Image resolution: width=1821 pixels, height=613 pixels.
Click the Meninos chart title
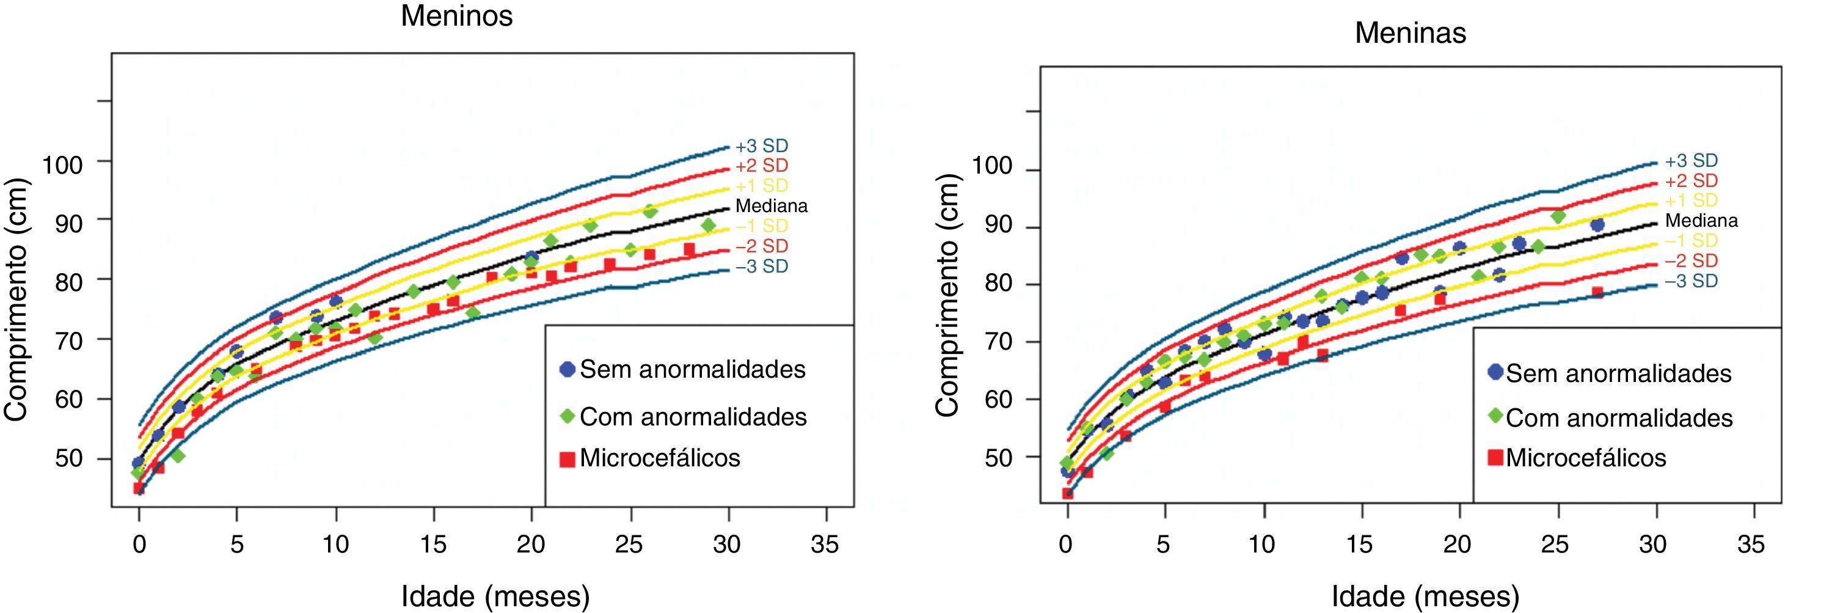pos(457,15)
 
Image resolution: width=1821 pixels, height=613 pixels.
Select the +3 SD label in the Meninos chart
pos(761,145)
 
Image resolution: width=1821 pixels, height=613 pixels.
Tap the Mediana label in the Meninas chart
pos(1701,221)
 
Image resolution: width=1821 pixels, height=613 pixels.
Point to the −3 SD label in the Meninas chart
pos(1690,281)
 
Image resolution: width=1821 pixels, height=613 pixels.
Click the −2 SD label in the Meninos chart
pos(761,246)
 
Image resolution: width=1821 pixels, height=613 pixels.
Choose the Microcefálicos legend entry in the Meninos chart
pos(660,458)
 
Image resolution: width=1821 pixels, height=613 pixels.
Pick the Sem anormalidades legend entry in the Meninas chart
pos(1618,373)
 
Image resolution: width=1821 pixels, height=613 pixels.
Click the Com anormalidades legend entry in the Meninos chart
pos(693,417)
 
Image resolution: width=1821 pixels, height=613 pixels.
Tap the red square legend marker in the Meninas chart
pos(1495,457)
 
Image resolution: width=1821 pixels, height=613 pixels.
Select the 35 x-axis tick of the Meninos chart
pos(824,545)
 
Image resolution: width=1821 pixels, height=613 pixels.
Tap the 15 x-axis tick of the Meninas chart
pos(1359,545)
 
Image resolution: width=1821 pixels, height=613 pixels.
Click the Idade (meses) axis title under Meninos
pos(495,596)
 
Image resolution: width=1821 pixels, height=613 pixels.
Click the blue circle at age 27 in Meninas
pos(1597,225)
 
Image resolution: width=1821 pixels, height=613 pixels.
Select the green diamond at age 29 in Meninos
pos(709,226)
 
